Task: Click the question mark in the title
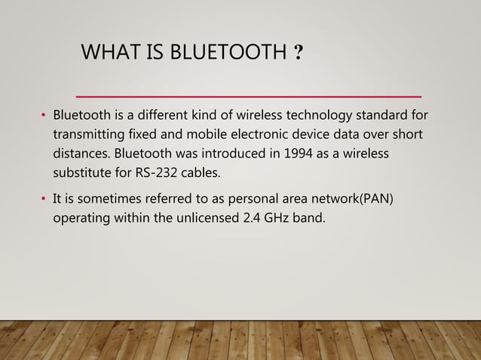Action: [300, 53]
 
